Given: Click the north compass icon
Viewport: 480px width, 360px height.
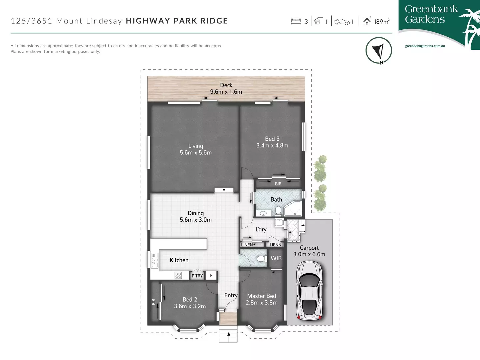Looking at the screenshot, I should pyautogui.click(x=379, y=51).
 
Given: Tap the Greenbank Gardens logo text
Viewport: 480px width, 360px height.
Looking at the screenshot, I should pyautogui.click(x=431, y=14).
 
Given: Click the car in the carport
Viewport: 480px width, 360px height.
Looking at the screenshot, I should pyautogui.click(x=310, y=290).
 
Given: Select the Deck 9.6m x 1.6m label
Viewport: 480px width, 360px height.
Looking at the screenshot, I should pyautogui.click(x=226, y=89).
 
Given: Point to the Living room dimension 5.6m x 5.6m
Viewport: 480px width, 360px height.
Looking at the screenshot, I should pyautogui.click(x=196, y=153).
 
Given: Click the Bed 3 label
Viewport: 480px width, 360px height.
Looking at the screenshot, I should pyautogui.click(x=272, y=139).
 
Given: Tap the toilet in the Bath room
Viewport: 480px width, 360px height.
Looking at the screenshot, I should pyautogui.click(x=278, y=211).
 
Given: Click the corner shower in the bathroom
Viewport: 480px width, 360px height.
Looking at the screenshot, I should pyautogui.click(x=293, y=209).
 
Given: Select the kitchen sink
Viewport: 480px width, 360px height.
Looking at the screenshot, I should pyautogui.click(x=155, y=260).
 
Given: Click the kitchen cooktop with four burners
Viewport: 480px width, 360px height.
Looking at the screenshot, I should pyautogui.click(x=178, y=275).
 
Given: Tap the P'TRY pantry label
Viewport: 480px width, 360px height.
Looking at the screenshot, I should pyautogui.click(x=197, y=276).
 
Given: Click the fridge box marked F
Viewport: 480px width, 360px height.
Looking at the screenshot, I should pyautogui.click(x=211, y=275).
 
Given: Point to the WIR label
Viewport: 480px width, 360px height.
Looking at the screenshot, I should pyautogui.click(x=276, y=258).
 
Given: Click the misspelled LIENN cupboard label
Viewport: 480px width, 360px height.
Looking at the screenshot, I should pyautogui.click(x=275, y=245).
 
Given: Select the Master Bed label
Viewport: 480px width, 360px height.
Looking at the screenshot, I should pyautogui.click(x=262, y=296).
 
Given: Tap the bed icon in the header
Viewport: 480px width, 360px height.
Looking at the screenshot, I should pyautogui.click(x=296, y=21).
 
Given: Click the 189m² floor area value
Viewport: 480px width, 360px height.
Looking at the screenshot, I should pyautogui.click(x=381, y=22).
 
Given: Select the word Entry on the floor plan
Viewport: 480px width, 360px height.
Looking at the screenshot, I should pyautogui.click(x=231, y=295).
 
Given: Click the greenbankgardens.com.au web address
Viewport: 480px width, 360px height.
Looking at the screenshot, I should pyautogui.click(x=425, y=46).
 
